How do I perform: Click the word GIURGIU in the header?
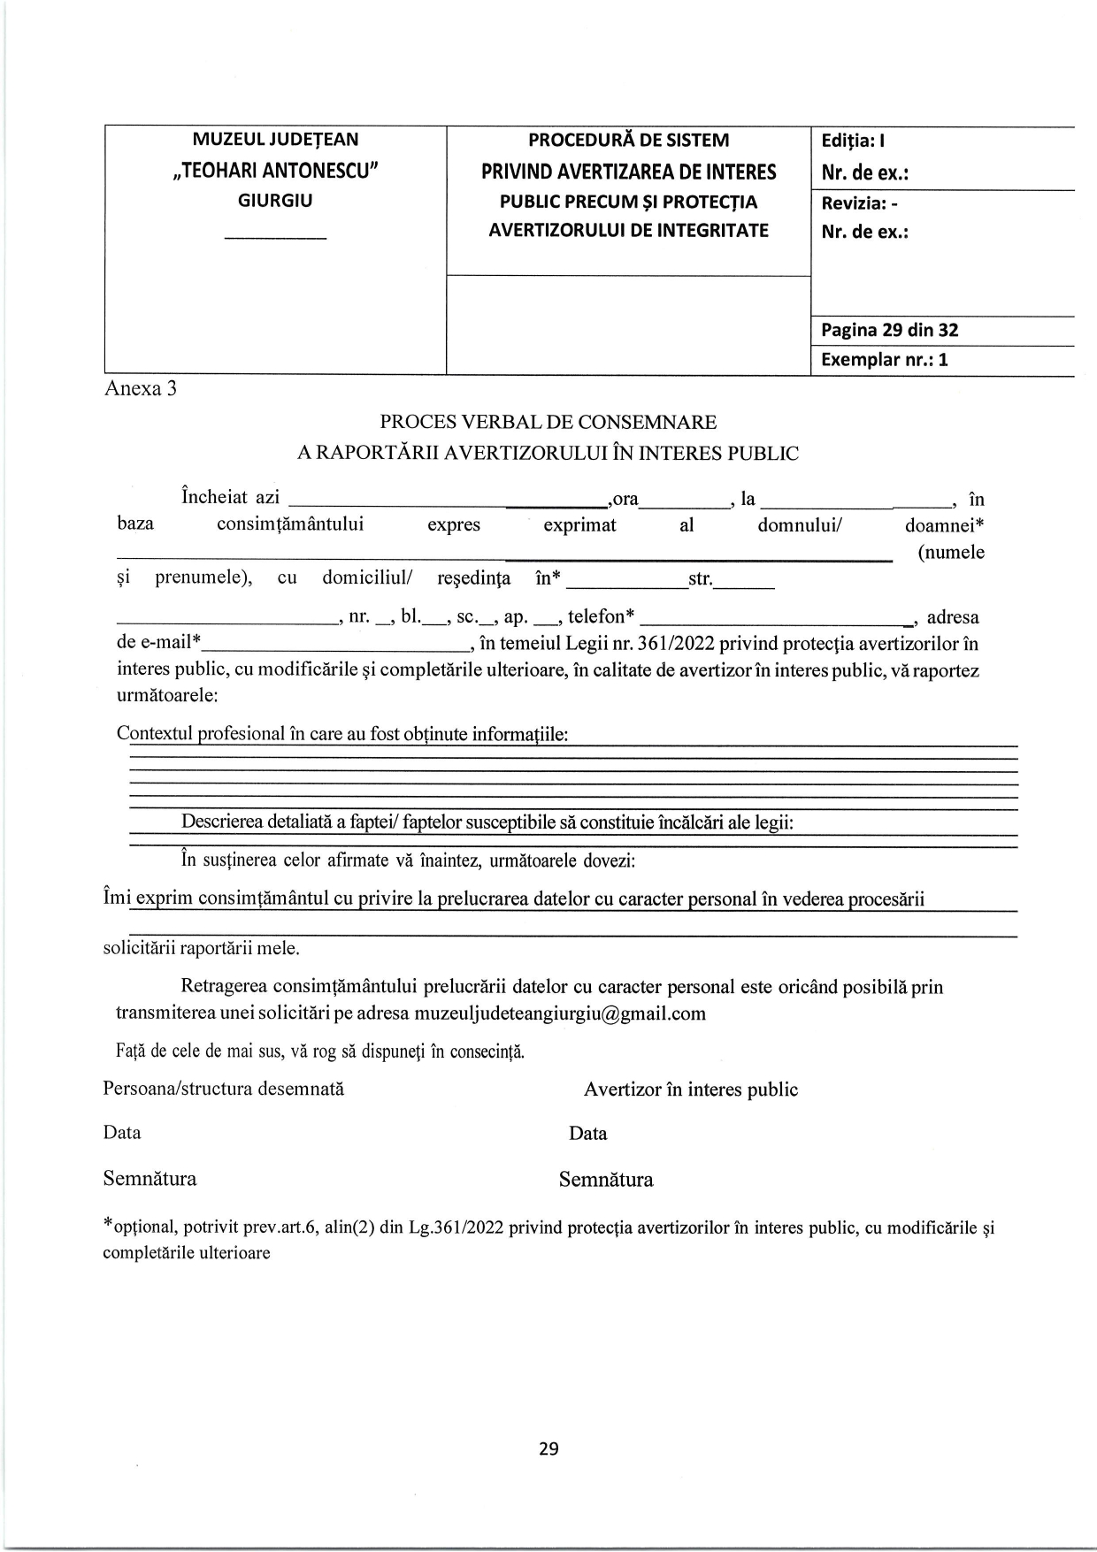coord(275,200)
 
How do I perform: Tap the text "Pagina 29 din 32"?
coord(889,331)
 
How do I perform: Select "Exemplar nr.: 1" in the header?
coord(884,360)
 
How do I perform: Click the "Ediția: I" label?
coord(853,141)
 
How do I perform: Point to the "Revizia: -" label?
coord(860,203)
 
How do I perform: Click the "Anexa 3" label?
coord(140,388)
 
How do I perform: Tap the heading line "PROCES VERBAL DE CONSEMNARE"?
coord(548,423)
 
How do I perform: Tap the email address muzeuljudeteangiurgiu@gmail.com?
coord(560,1013)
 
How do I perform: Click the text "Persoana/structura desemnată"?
coord(224,1089)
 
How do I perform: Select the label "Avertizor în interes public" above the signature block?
coord(690,1089)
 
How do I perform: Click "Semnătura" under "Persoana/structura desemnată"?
coord(150,1178)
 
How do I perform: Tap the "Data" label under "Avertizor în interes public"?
coord(588,1134)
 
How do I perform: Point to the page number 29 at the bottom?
coord(548,1449)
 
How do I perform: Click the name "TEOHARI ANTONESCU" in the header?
coord(275,170)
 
